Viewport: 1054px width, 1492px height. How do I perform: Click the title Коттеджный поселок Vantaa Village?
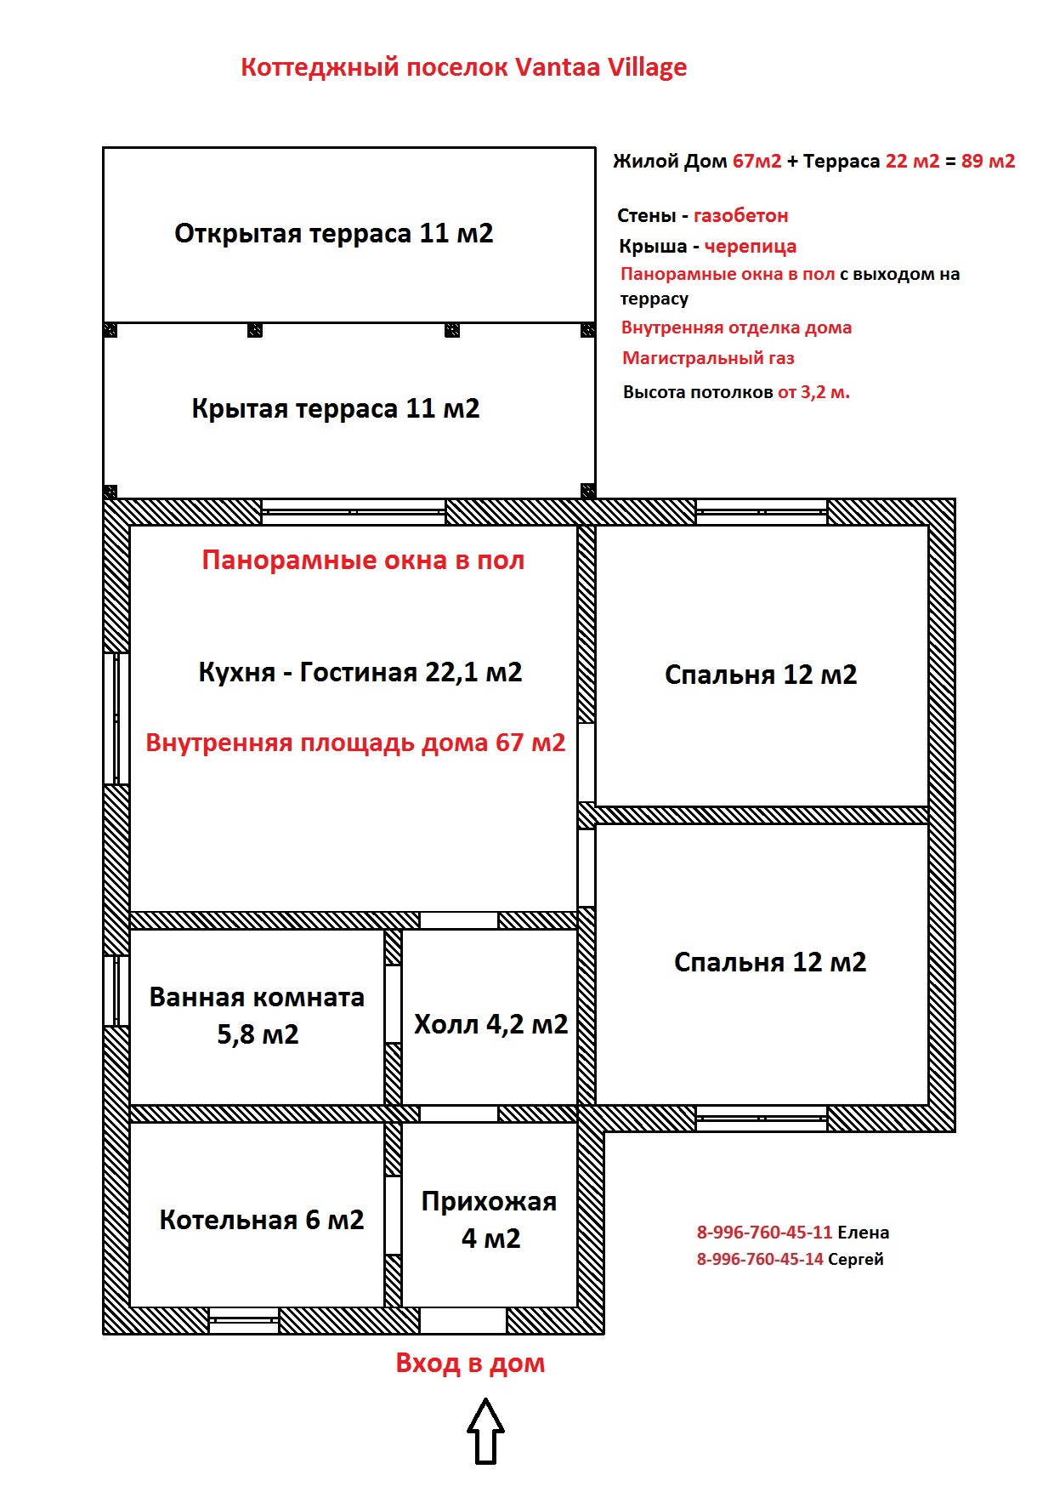[x=463, y=67]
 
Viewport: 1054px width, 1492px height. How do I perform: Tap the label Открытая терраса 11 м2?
[x=333, y=233]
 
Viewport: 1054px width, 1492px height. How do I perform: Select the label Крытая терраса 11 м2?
[x=335, y=408]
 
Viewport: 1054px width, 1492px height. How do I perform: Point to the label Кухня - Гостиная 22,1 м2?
[x=360, y=672]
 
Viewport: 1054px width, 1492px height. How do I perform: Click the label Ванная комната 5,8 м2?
[x=257, y=1016]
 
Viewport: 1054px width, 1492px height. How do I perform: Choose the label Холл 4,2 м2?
[x=490, y=1024]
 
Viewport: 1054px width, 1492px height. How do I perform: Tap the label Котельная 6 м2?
[x=261, y=1220]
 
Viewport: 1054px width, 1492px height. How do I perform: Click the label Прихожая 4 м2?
[x=490, y=1220]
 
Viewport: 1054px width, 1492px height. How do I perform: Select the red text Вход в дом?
[x=470, y=1363]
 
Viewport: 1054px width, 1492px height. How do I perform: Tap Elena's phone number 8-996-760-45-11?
[x=764, y=1233]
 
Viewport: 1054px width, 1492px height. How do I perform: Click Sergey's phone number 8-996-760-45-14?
[x=760, y=1259]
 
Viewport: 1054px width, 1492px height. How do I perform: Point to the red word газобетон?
[x=740, y=216]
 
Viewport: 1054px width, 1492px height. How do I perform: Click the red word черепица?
[x=750, y=247]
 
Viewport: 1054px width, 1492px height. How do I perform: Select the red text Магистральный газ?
[x=708, y=358]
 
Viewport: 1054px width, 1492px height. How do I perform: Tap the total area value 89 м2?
[x=988, y=162]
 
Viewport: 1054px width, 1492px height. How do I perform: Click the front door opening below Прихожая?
[x=463, y=1321]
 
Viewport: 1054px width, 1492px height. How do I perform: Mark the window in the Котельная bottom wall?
[x=244, y=1321]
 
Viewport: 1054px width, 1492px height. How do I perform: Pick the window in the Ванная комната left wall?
[x=116, y=991]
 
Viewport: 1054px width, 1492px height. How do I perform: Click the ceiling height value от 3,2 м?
[x=813, y=392]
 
